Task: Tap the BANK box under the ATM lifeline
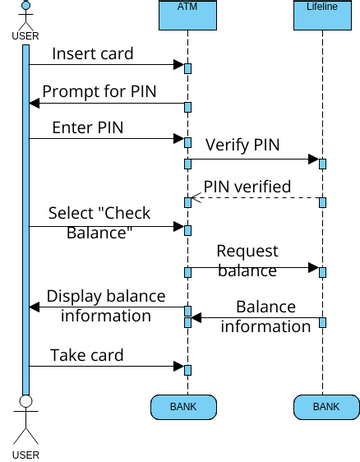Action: [x=183, y=406]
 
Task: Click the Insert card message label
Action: [x=92, y=53]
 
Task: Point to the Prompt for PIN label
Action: [x=98, y=90]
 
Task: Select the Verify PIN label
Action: [x=243, y=144]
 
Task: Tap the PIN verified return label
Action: [x=247, y=186]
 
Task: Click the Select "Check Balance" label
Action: [x=91, y=222]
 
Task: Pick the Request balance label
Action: [x=247, y=260]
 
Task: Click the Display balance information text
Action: [x=99, y=305]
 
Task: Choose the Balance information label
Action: [x=265, y=315]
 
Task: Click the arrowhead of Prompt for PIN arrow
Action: [x=36, y=102]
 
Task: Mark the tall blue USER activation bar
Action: [x=26, y=220]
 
